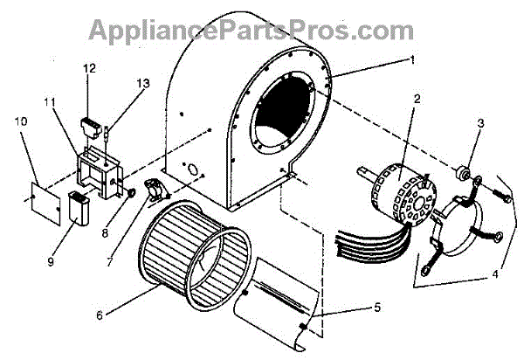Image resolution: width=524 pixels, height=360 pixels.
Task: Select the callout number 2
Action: click(x=418, y=98)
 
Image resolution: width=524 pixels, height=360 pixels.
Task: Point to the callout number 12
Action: click(x=89, y=67)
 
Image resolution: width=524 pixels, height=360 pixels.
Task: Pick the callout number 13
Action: click(x=142, y=83)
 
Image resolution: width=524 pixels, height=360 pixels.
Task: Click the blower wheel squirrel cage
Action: click(x=194, y=253)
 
